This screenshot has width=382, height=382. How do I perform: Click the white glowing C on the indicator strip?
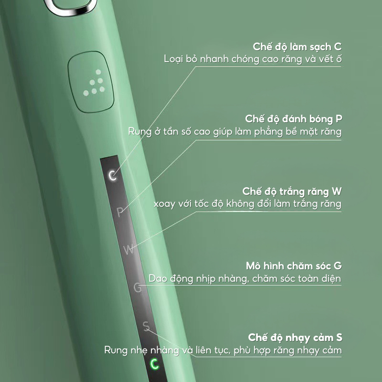[x=112, y=175]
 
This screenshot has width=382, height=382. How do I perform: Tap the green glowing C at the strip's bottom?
[x=154, y=364]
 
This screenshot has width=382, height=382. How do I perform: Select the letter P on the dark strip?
[x=120, y=212]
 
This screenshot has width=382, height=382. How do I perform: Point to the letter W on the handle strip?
[x=128, y=249]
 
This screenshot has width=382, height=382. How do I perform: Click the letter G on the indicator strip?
[x=138, y=287]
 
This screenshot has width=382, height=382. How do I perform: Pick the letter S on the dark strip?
[x=146, y=326]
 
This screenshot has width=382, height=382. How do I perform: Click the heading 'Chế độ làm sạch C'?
[x=297, y=46]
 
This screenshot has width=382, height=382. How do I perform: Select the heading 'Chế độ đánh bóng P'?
[x=294, y=119]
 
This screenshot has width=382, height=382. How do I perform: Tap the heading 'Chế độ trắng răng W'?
[x=292, y=191]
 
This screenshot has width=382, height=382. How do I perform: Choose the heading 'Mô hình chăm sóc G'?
[x=294, y=265]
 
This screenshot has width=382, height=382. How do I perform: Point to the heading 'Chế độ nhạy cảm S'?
[x=295, y=338]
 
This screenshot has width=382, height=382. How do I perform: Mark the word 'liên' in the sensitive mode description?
[x=204, y=350]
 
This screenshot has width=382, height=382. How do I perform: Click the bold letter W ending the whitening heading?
[x=337, y=191]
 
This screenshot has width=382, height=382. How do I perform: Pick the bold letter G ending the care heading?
[x=338, y=265]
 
